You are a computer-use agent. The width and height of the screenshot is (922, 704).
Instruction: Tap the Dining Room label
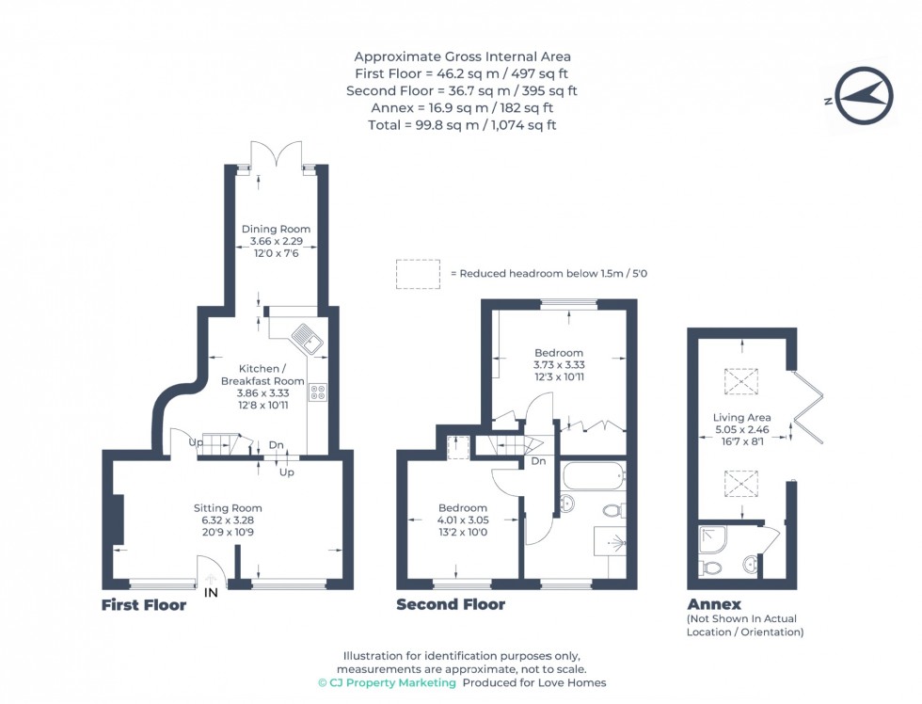pyautogui.click(x=276, y=229)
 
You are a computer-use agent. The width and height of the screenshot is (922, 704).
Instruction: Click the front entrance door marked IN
pyautogui.click(x=212, y=571)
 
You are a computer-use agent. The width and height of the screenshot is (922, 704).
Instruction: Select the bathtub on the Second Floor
pyautogui.click(x=592, y=474)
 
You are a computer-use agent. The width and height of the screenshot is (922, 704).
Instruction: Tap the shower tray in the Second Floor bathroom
pyautogui.click(x=610, y=543)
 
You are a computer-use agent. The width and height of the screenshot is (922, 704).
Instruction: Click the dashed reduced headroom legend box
pyautogui.click(x=418, y=273)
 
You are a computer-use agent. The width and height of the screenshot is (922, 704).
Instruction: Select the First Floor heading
pyautogui.click(x=143, y=605)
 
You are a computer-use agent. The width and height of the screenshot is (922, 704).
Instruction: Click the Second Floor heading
pyautogui.click(x=450, y=605)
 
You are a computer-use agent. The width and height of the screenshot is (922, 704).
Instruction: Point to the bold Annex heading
pyautogui.click(x=713, y=604)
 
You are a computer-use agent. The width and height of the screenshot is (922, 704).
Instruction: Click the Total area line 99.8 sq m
pyautogui.click(x=461, y=124)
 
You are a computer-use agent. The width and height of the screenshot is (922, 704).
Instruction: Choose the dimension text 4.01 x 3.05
pyautogui.click(x=462, y=520)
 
